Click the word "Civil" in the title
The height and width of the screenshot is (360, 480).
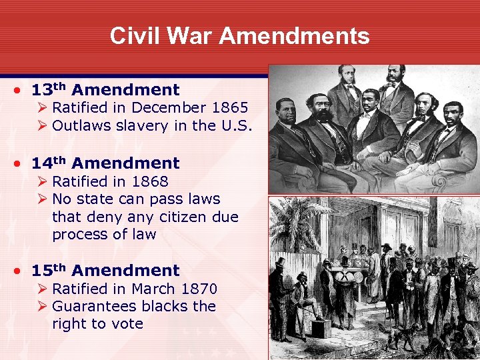pyautogui.click(x=133, y=35)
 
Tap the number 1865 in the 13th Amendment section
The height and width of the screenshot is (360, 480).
pyautogui.click(x=231, y=107)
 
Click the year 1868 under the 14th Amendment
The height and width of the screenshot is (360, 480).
pyautogui.click(x=150, y=181)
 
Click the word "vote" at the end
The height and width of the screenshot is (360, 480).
pyautogui.click(x=129, y=324)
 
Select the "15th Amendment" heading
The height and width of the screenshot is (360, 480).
pyautogui.click(x=105, y=271)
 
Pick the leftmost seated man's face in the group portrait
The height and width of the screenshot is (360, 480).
pyautogui.click(x=286, y=113)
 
